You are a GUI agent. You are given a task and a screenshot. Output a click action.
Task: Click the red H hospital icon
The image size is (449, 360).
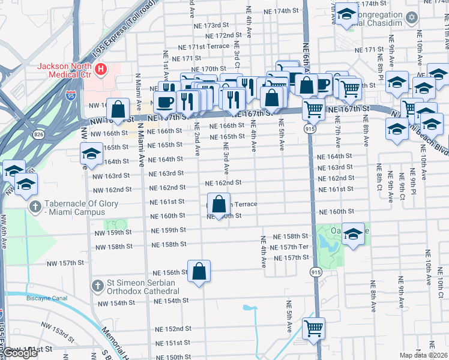[101, 70]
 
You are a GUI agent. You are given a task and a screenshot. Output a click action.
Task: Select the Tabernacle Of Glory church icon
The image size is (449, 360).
[35, 208]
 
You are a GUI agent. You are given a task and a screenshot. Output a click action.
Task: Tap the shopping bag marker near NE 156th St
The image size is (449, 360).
[199, 272]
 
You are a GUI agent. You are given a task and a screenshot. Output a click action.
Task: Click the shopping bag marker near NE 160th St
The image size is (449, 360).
[219, 204]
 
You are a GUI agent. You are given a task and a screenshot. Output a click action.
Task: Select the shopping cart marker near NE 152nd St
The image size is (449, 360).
[313, 328]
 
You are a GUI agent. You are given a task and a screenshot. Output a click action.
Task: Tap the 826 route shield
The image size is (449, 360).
[38, 131]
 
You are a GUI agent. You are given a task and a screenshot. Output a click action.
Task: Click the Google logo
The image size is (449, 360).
[19, 353]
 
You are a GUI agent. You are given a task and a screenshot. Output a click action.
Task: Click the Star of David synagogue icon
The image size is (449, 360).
[411, 17]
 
